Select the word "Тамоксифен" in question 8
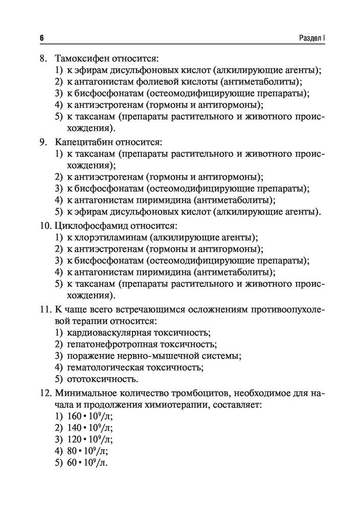[x=82, y=59]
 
